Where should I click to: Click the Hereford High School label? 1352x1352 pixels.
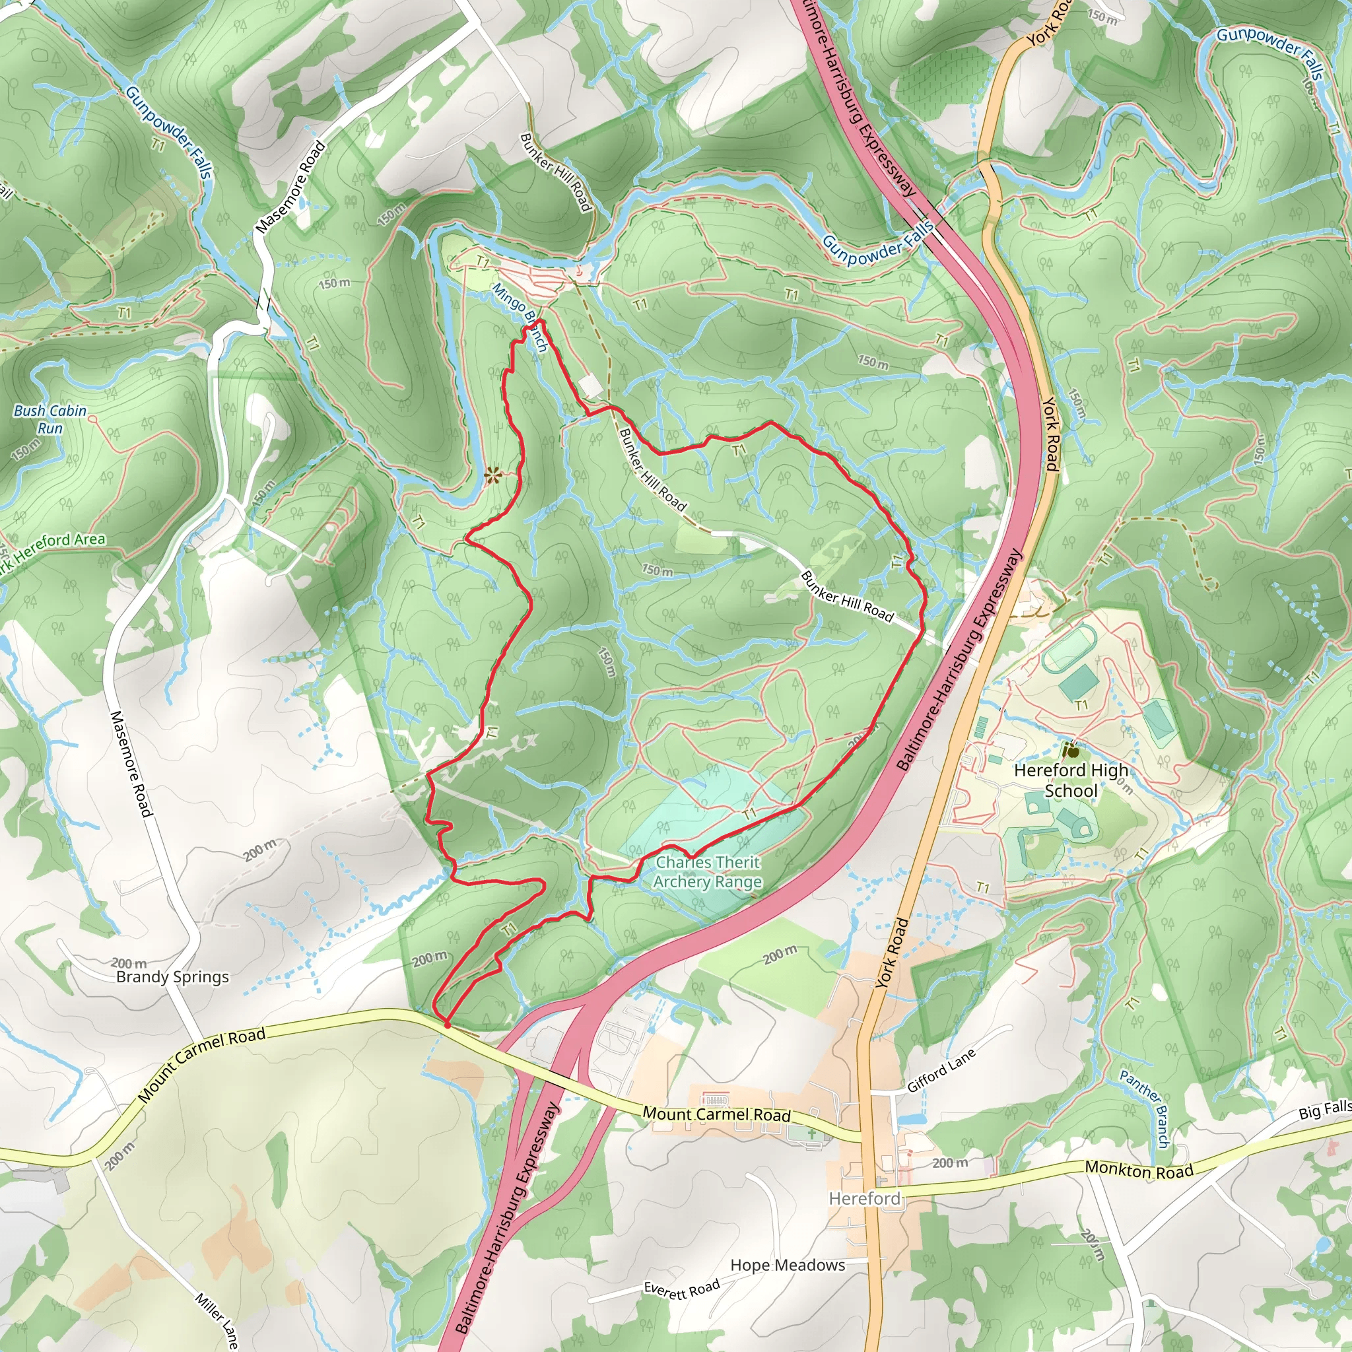1071,780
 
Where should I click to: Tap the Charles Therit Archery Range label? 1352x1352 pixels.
708,872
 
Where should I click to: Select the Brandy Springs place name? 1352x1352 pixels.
172,976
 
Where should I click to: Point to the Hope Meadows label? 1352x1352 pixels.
788,1264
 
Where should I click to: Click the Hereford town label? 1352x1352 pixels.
864,1199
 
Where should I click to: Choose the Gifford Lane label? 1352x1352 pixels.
941,1071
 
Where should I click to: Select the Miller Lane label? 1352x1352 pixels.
217,1320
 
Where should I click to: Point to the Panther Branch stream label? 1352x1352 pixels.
1144,1108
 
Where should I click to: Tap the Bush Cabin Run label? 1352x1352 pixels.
50,419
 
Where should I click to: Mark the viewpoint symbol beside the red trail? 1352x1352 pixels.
493,476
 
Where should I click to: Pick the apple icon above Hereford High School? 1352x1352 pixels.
1070,751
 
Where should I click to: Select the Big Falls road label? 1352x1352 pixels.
1324,1110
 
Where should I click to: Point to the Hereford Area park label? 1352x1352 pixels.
53,548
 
